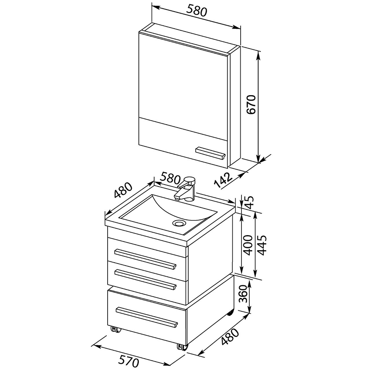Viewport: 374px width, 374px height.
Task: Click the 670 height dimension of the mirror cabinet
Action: click(x=251, y=104)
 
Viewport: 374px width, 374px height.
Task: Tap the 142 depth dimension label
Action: click(x=223, y=180)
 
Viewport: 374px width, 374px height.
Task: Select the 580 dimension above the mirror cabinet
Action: click(x=197, y=11)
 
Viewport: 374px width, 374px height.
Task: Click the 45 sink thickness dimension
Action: click(x=249, y=202)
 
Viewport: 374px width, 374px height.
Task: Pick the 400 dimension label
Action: click(x=248, y=245)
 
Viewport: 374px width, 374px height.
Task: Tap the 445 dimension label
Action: click(x=262, y=245)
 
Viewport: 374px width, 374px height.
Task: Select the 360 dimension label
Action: click(x=244, y=294)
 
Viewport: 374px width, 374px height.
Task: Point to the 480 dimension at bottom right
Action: click(x=230, y=337)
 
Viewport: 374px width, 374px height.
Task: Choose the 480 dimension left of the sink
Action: click(x=123, y=190)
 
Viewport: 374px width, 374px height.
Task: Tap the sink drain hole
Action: click(x=179, y=223)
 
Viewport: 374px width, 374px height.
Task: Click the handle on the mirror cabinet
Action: click(x=210, y=153)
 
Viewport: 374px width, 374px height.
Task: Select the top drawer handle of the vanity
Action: click(x=145, y=259)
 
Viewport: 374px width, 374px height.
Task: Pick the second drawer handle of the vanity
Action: click(x=145, y=280)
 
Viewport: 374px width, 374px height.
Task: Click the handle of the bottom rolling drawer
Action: click(x=147, y=317)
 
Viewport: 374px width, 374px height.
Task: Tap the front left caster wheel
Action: click(x=116, y=330)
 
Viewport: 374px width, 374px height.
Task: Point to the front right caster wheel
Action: click(x=182, y=347)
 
